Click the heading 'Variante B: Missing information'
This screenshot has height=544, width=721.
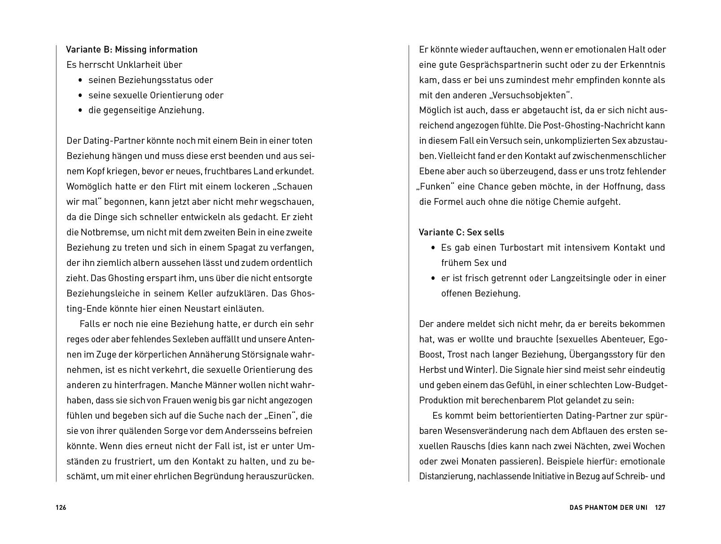click(132, 49)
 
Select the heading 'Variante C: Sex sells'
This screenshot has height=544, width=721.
click(461, 232)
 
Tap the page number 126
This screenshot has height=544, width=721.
click(61, 508)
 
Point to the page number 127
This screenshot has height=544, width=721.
click(659, 508)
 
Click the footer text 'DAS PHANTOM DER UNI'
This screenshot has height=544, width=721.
click(608, 508)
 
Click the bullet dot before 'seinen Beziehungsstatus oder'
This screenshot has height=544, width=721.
click(80, 80)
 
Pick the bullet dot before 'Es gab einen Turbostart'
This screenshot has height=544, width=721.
click(433, 248)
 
